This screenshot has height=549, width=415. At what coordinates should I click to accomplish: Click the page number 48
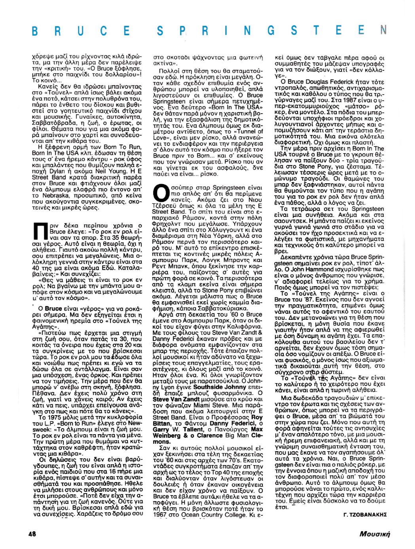[32, 534]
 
